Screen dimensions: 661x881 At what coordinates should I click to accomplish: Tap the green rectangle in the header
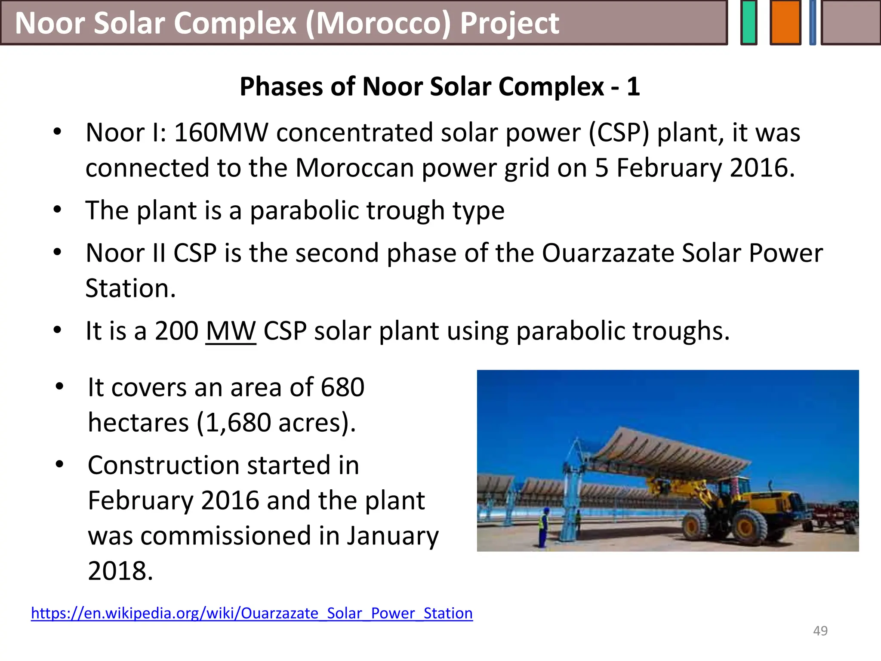pos(749,23)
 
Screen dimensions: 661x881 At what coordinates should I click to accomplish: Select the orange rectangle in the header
pos(785,23)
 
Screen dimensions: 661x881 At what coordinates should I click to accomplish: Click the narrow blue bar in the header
pos(812,23)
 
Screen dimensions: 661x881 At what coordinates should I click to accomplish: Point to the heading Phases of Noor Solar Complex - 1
pos(440,86)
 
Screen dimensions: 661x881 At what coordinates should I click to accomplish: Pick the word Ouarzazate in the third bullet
pos(608,253)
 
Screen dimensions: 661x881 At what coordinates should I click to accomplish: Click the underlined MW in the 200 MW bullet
pos(231,331)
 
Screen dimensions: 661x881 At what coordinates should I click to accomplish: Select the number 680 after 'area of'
pos(343,387)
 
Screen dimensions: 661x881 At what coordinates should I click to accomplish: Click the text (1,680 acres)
pos(276,423)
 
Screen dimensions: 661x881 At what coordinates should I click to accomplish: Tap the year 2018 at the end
pos(120,571)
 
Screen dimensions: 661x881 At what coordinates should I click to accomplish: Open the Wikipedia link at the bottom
pos(252,613)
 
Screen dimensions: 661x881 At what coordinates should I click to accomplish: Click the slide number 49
pos(820,631)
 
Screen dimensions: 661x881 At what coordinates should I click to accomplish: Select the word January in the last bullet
pos(392,536)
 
